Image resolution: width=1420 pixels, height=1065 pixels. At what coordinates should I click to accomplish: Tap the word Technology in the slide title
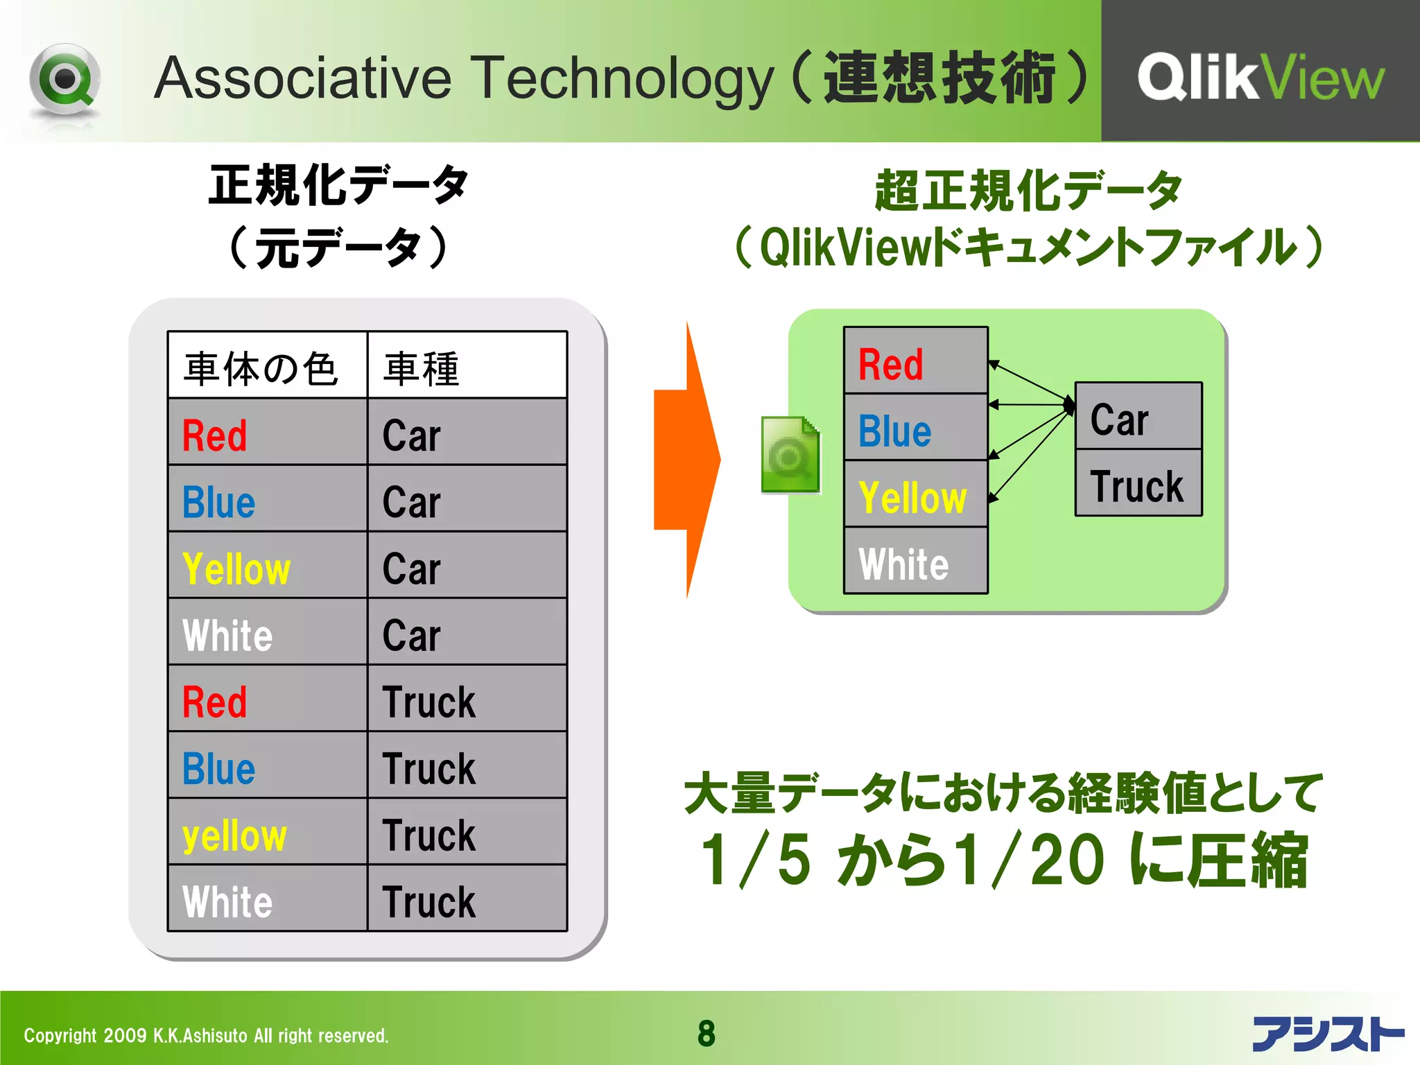[x=623, y=78]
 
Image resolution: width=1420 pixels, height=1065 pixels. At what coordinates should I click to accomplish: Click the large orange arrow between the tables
[x=686, y=460]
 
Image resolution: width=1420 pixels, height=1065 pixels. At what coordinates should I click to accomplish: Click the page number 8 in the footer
[x=706, y=1033]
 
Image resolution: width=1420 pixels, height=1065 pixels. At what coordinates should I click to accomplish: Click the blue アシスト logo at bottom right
[x=1326, y=1033]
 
